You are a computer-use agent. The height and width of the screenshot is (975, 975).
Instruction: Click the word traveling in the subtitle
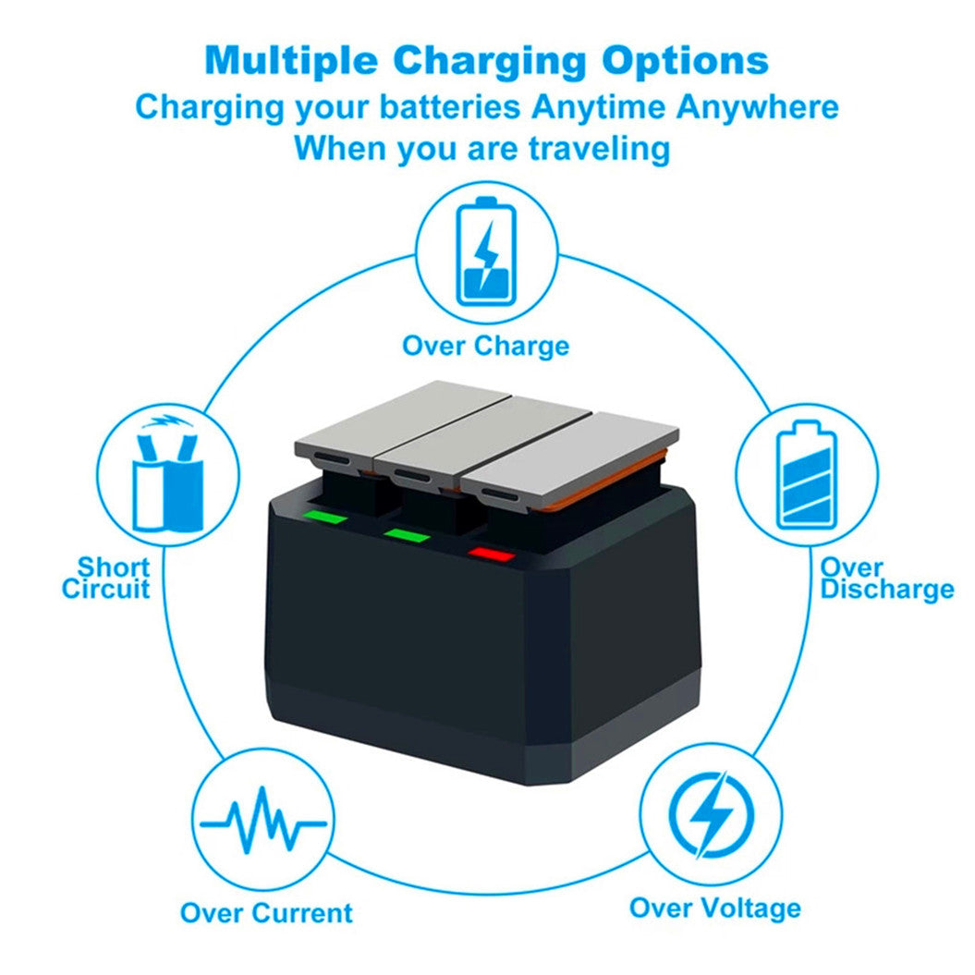pos(600,148)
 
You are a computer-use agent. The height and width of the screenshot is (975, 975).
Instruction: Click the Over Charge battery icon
pos(486,251)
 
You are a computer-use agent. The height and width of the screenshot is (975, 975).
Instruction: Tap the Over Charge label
pos(485,346)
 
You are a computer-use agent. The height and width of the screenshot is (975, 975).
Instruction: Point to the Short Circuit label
pos(106,578)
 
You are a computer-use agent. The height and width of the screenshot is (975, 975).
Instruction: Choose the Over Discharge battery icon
pos(807,474)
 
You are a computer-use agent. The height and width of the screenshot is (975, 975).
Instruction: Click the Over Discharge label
pos(886,579)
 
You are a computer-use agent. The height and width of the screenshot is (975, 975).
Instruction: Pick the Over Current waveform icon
pos(263,820)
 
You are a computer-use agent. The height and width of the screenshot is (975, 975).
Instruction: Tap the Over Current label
pos(266,913)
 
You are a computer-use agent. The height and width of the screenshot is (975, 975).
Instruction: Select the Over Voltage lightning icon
pos(712,814)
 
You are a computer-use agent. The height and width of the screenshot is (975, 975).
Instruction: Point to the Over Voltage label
pos(715,908)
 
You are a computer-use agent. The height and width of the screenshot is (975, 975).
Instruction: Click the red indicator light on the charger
pos(492,554)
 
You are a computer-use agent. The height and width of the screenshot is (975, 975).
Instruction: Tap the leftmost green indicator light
pos(324,517)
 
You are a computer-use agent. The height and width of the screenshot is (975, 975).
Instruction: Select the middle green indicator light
pos(407,535)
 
